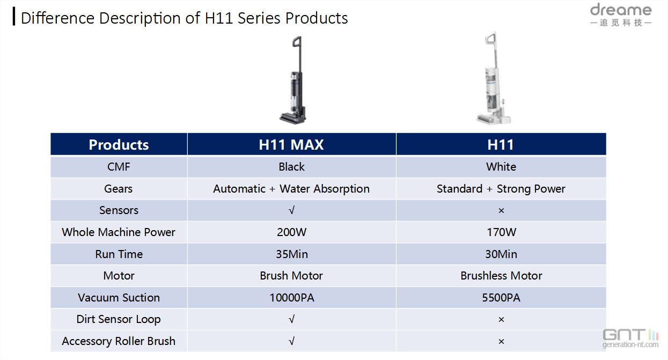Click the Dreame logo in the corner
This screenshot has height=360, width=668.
621,14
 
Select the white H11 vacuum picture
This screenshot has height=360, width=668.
494,78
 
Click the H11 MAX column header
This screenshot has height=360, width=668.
291,145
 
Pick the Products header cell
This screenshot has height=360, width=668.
119,145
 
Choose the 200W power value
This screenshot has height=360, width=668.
292,232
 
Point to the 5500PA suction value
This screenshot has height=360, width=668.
501,298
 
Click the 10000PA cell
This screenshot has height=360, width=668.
292,298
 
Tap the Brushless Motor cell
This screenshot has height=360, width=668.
501,276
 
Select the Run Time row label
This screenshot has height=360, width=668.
119,254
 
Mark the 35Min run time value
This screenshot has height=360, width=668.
292,254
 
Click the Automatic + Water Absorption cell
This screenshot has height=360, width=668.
291,189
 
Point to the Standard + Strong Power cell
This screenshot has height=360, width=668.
501,189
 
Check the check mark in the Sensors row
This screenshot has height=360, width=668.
292,210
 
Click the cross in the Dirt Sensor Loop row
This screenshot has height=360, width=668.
501,319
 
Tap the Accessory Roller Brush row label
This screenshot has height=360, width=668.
119,341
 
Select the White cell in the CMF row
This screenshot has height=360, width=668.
501,167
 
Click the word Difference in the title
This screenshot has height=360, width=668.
58,18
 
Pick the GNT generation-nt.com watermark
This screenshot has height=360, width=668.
630,339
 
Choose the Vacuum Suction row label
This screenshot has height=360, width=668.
119,298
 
